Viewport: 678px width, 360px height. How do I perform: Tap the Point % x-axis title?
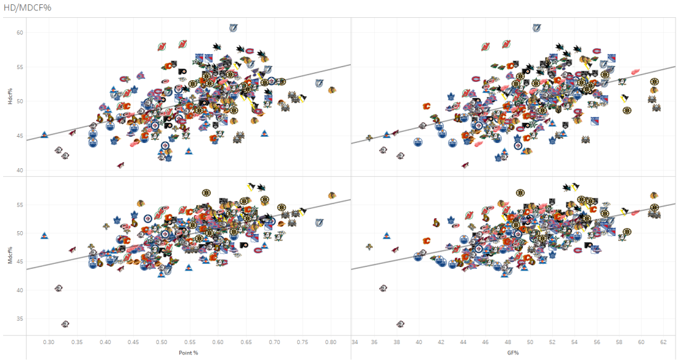point(189,353)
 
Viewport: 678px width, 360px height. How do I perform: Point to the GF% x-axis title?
point(514,353)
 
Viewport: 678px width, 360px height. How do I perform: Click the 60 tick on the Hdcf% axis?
point(19,32)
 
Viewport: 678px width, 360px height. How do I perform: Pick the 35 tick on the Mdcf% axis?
point(19,319)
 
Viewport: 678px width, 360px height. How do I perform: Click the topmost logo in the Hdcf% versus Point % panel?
point(233,28)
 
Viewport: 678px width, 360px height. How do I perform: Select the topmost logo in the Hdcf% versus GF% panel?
point(536,28)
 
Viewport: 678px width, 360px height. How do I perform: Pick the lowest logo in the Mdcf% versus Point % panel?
point(65,324)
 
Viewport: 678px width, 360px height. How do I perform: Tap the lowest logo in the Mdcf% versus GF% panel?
point(400,324)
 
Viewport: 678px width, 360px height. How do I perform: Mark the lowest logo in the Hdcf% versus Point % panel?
point(120,165)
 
